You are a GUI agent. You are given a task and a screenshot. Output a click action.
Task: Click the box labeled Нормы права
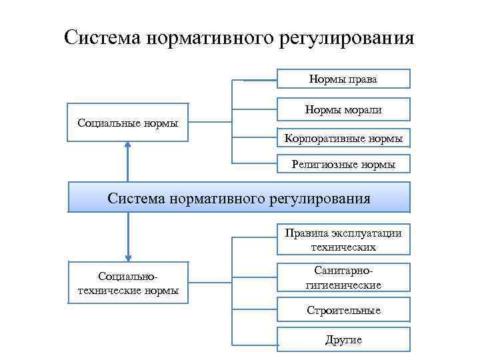[x=343, y=79]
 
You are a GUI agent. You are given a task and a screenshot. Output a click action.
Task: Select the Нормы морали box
[x=343, y=109]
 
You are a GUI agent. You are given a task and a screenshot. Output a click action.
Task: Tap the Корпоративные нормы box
[x=343, y=139]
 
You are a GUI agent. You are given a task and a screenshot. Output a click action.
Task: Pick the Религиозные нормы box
[x=343, y=164]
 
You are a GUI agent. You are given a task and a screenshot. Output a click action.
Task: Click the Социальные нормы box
[x=127, y=123]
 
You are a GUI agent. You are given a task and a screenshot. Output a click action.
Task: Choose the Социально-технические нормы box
[x=127, y=283]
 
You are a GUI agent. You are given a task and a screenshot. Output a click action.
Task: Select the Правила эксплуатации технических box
[x=343, y=240]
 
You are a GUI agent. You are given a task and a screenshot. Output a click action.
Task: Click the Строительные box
[x=343, y=311]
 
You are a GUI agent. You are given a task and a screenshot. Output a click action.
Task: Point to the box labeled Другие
[x=343, y=340]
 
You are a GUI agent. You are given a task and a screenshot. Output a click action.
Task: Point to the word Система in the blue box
[x=135, y=198]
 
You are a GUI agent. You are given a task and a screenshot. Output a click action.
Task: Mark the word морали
[x=364, y=109]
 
